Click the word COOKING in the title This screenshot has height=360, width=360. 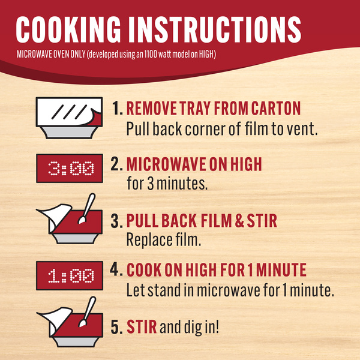pos(68,29)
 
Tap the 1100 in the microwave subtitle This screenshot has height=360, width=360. pos(151,55)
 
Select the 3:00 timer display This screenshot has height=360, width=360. pos(70,168)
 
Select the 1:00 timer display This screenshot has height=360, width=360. pos(70,275)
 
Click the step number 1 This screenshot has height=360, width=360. pos(118,108)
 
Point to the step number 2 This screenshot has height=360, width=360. pos(116,164)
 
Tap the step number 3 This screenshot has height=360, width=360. pos(116,221)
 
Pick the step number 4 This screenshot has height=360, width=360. pos(116,269)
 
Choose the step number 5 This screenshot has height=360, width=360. pos(116,327)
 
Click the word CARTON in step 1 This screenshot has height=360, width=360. pos(276,108)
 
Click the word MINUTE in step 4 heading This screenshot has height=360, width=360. pos(281,269)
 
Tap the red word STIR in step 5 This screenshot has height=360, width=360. pos(142,327)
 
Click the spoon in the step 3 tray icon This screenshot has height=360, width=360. pos(86,208)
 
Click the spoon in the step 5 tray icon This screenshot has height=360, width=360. pos(86,311)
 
